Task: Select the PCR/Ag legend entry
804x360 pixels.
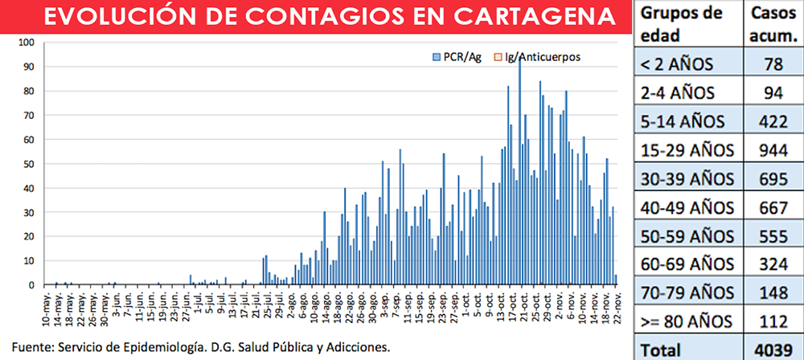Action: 457,57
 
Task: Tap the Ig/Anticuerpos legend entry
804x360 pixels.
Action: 536,57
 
